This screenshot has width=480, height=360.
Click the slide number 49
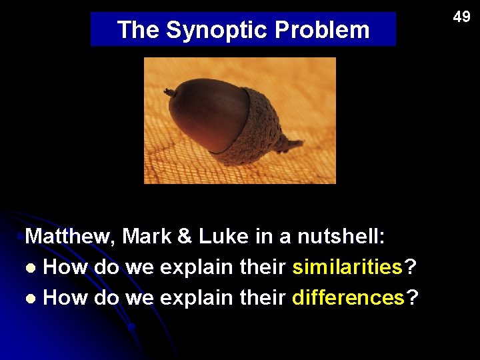click(x=461, y=17)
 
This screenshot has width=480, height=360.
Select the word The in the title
click(x=138, y=30)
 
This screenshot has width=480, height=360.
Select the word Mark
click(x=147, y=237)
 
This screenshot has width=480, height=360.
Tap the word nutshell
click(x=340, y=237)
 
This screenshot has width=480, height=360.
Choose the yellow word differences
click(x=349, y=298)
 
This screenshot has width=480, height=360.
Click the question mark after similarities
click(x=411, y=267)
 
